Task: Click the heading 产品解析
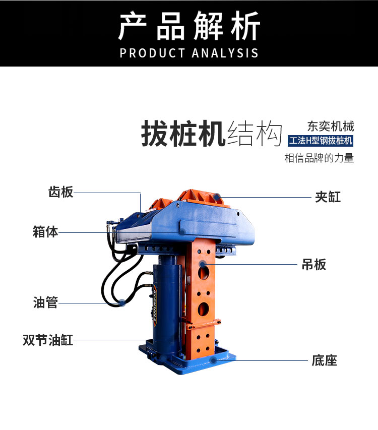coord(189,26)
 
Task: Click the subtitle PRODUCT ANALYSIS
coord(189,53)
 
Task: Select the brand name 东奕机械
coord(331,126)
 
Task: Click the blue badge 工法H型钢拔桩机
coord(321,141)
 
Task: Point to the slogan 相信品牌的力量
coord(320,158)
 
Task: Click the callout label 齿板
coord(60,192)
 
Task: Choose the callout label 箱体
coord(45,232)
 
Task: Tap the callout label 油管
coord(45,302)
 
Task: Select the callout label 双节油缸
coord(48,340)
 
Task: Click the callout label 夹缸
coord(328,197)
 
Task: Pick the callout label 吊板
coord(314,264)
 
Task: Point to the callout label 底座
coord(324,360)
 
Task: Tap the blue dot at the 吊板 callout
coord(202,264)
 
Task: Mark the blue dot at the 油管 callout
coord(121,302)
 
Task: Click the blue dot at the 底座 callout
coord(214,360)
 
